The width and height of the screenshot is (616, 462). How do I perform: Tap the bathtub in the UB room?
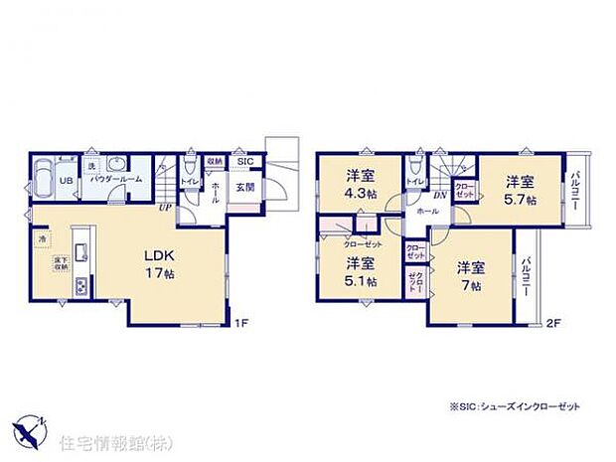(43, 180)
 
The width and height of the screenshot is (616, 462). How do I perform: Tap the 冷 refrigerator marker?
(43, 239)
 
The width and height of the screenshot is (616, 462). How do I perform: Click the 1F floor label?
(239, 323)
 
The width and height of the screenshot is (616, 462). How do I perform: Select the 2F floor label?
(553, 323)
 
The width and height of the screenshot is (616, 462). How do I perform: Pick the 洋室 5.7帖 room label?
(519, 190)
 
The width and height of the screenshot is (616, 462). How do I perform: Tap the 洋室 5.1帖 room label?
(361, 271)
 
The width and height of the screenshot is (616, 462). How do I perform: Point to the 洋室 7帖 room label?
(471, 276)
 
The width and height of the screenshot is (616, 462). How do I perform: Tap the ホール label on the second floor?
(427, 212)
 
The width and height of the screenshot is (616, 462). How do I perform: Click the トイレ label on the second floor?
(415, 182)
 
